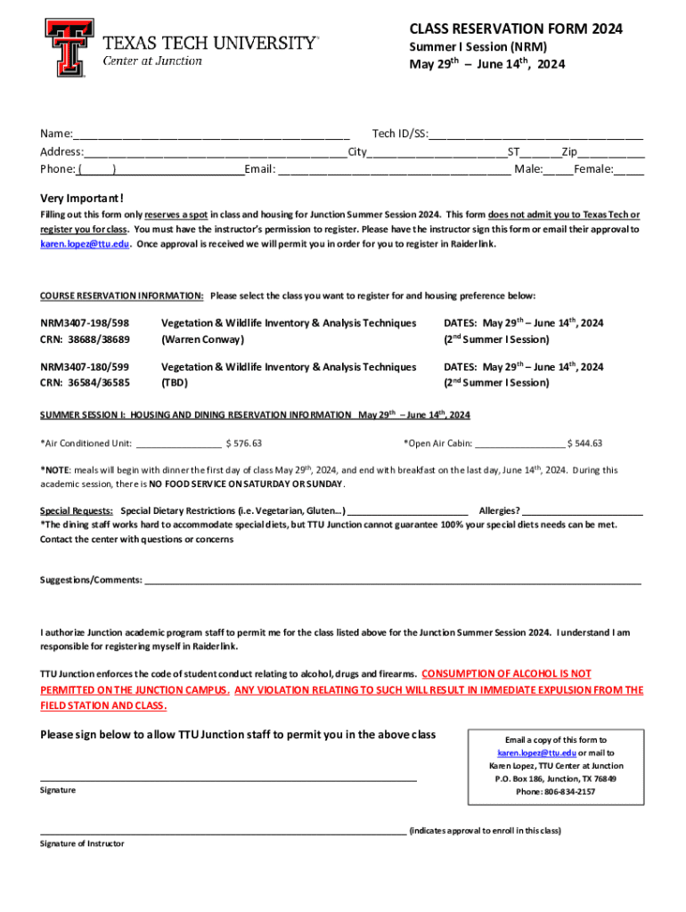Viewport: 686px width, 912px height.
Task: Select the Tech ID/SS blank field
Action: [x=535, y=134]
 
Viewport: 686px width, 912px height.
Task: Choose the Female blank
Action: [x=628, y=169]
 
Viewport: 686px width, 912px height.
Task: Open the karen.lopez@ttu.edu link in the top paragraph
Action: [x=86, y=243]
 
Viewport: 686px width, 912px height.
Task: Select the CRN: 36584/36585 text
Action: [x=85, y=383]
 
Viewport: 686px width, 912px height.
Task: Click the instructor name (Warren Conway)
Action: [x=202, y=339]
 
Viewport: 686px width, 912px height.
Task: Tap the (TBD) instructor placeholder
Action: [x=174, y=383]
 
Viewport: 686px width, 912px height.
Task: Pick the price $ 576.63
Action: [x=243, y=443]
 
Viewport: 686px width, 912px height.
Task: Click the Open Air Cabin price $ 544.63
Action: [x=584, y=443]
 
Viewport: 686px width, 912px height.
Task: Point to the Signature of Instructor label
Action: [x=82, y=843]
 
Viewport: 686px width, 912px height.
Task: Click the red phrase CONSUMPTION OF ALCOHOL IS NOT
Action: [x=506, y=674]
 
